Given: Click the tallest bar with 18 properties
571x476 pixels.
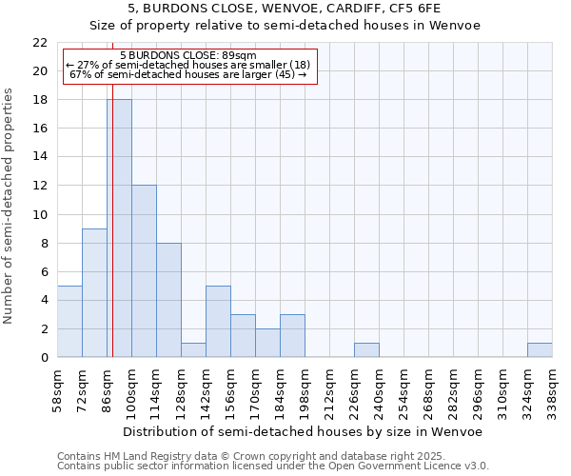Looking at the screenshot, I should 119,228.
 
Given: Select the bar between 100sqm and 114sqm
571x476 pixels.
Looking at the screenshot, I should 144,271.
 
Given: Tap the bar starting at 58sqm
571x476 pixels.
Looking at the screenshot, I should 69,322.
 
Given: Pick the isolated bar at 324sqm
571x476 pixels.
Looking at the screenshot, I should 540,350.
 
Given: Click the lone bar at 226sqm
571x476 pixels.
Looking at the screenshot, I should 366,350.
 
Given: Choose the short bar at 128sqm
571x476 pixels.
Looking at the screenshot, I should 193,350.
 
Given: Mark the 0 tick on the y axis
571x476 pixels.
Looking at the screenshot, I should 44,358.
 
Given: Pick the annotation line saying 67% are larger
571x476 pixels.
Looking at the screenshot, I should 188,74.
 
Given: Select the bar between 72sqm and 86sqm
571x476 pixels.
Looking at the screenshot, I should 94,293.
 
